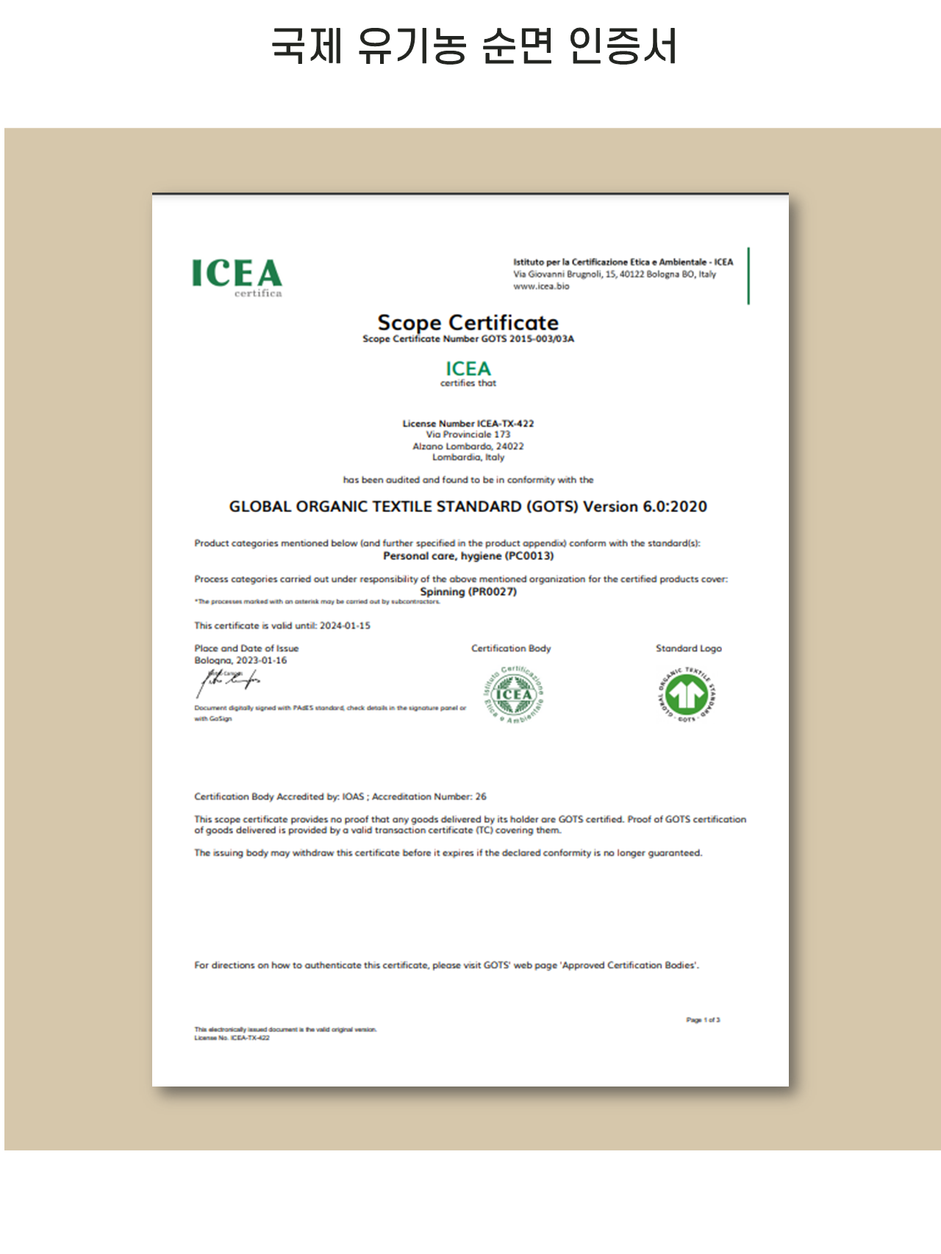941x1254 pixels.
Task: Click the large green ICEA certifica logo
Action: [237, 277]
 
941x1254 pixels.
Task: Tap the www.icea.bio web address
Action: [541, 287]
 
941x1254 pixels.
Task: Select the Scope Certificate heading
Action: [468, 322]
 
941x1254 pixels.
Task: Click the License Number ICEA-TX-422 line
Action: [468, 423]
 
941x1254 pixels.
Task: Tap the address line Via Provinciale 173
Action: [468, 434]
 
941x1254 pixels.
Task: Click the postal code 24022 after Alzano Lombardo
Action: [509, 446]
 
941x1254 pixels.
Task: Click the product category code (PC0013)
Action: [529, 556]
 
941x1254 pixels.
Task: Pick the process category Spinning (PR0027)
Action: [468, 591]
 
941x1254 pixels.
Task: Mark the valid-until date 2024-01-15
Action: [345, 626]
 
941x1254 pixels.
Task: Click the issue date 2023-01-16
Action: [262, 660]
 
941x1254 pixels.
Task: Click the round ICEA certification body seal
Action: [514, 694]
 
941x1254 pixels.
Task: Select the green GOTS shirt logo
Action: [687, 695]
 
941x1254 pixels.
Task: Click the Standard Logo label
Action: [689, 648]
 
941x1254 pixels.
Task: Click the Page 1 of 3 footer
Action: [703, 1020]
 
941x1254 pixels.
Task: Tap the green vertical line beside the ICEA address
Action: [748, 275]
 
